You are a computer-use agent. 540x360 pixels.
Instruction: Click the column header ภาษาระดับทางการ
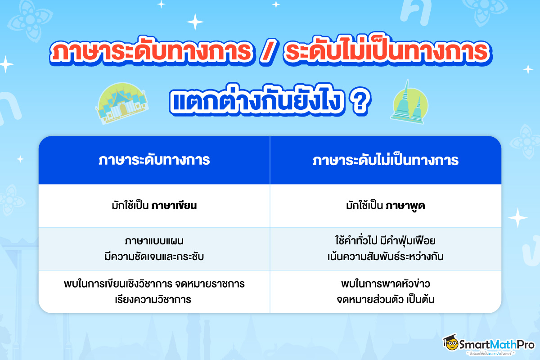tap(154, 161)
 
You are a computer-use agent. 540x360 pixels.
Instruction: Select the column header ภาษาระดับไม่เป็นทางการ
tap(386, 161)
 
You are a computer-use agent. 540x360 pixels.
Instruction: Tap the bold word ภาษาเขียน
tap(175, 206)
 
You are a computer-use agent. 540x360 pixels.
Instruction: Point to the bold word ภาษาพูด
tap(405, 206)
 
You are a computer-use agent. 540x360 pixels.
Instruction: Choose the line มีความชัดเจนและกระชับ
tap(154, 257)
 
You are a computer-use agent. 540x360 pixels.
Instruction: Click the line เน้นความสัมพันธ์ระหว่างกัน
tap(386, 257)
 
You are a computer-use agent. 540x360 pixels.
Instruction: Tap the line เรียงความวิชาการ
tap(154, 300)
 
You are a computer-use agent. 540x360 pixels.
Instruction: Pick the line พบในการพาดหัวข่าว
tap(386, 284)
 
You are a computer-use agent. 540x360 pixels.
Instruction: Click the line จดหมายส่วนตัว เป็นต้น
tap(386, 300)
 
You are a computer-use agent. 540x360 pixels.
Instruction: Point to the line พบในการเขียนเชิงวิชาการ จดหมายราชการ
tap(154, 284)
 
